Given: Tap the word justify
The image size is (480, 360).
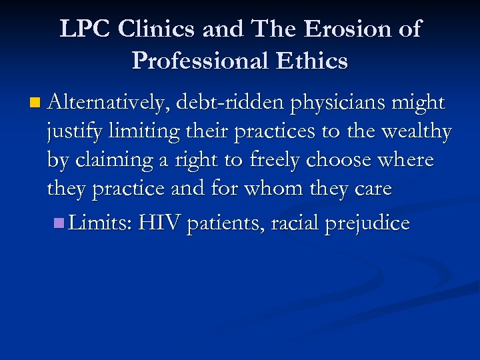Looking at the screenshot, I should (75, 133).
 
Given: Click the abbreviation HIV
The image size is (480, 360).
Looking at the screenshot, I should (160, 223).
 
